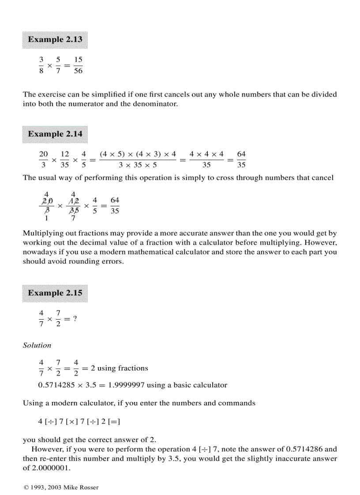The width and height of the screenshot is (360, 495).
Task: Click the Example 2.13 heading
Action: [x=55, y=40]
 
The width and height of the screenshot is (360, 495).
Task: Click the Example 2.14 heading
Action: [x=55, y=134]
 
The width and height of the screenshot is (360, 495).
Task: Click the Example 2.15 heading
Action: [x=55, y=293]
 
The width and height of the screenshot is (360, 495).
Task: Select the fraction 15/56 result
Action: [x=78, y=65]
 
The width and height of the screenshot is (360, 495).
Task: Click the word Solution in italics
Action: [x=37, y=345]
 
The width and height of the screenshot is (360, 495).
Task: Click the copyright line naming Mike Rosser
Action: [x=60, y=488]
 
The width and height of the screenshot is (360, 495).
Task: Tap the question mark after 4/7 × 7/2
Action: [x=75, y=319]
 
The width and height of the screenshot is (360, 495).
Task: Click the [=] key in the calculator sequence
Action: [x=115, y=421]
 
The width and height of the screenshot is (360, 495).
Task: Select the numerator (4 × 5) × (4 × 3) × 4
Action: [x=138, y=155]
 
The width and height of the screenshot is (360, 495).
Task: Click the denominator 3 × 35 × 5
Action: [x=138, y=165]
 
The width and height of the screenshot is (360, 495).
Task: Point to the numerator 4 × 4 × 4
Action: [x=206, y=155]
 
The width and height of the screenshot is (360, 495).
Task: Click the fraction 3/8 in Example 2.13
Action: [x=41, y=65]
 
